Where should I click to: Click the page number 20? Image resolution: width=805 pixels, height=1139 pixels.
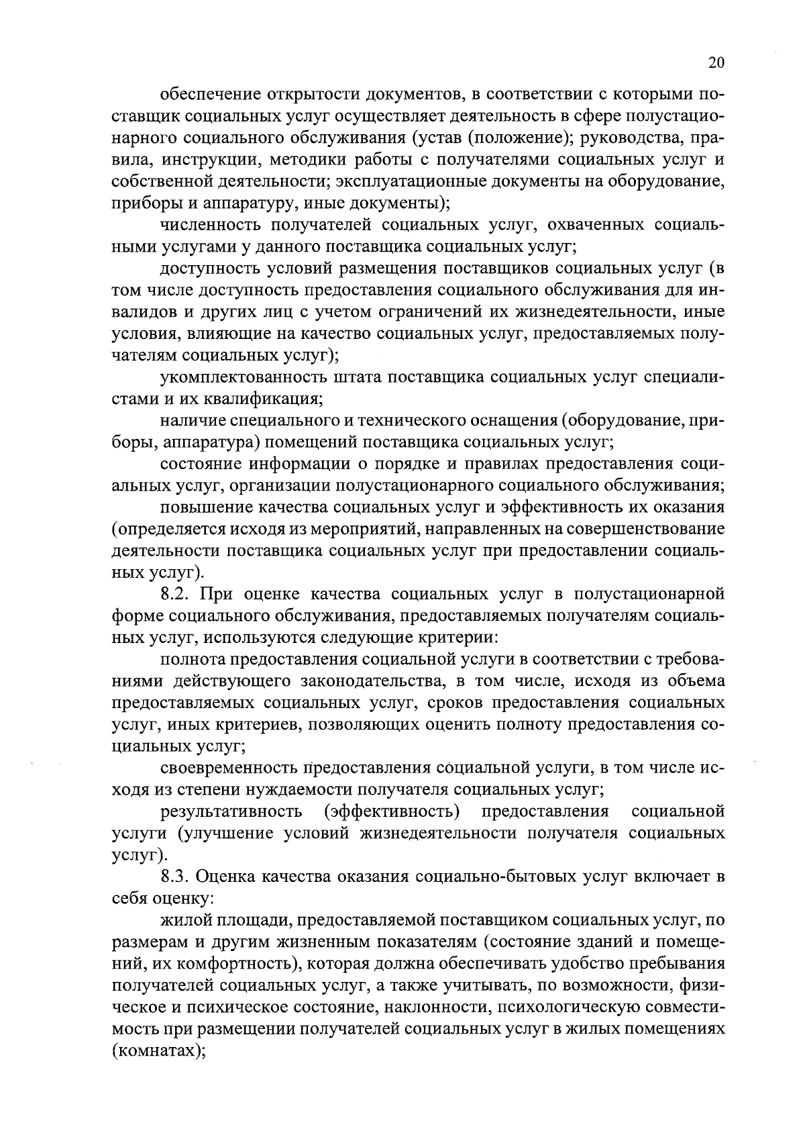(x=716, y=63)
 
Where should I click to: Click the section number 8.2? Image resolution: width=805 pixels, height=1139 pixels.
(x=176, y=594)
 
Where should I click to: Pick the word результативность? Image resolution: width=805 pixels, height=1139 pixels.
(x=231, y=811)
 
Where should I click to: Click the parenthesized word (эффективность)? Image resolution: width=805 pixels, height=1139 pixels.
(x=392, y=811)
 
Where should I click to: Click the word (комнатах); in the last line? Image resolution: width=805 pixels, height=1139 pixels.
(x=158, y=1050)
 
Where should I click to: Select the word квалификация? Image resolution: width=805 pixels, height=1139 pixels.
(x=274, y=399)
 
